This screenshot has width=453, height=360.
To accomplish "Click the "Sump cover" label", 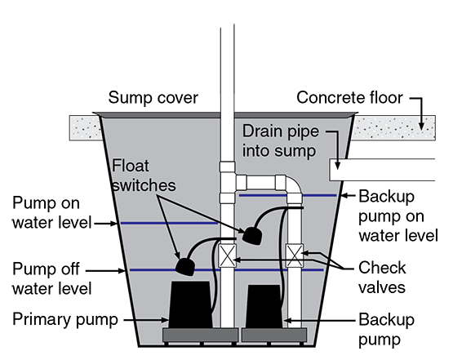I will pos(153,99).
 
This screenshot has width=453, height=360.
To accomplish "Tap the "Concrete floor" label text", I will pos(350,98).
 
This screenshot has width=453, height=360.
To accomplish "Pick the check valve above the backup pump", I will pos(295,256).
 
